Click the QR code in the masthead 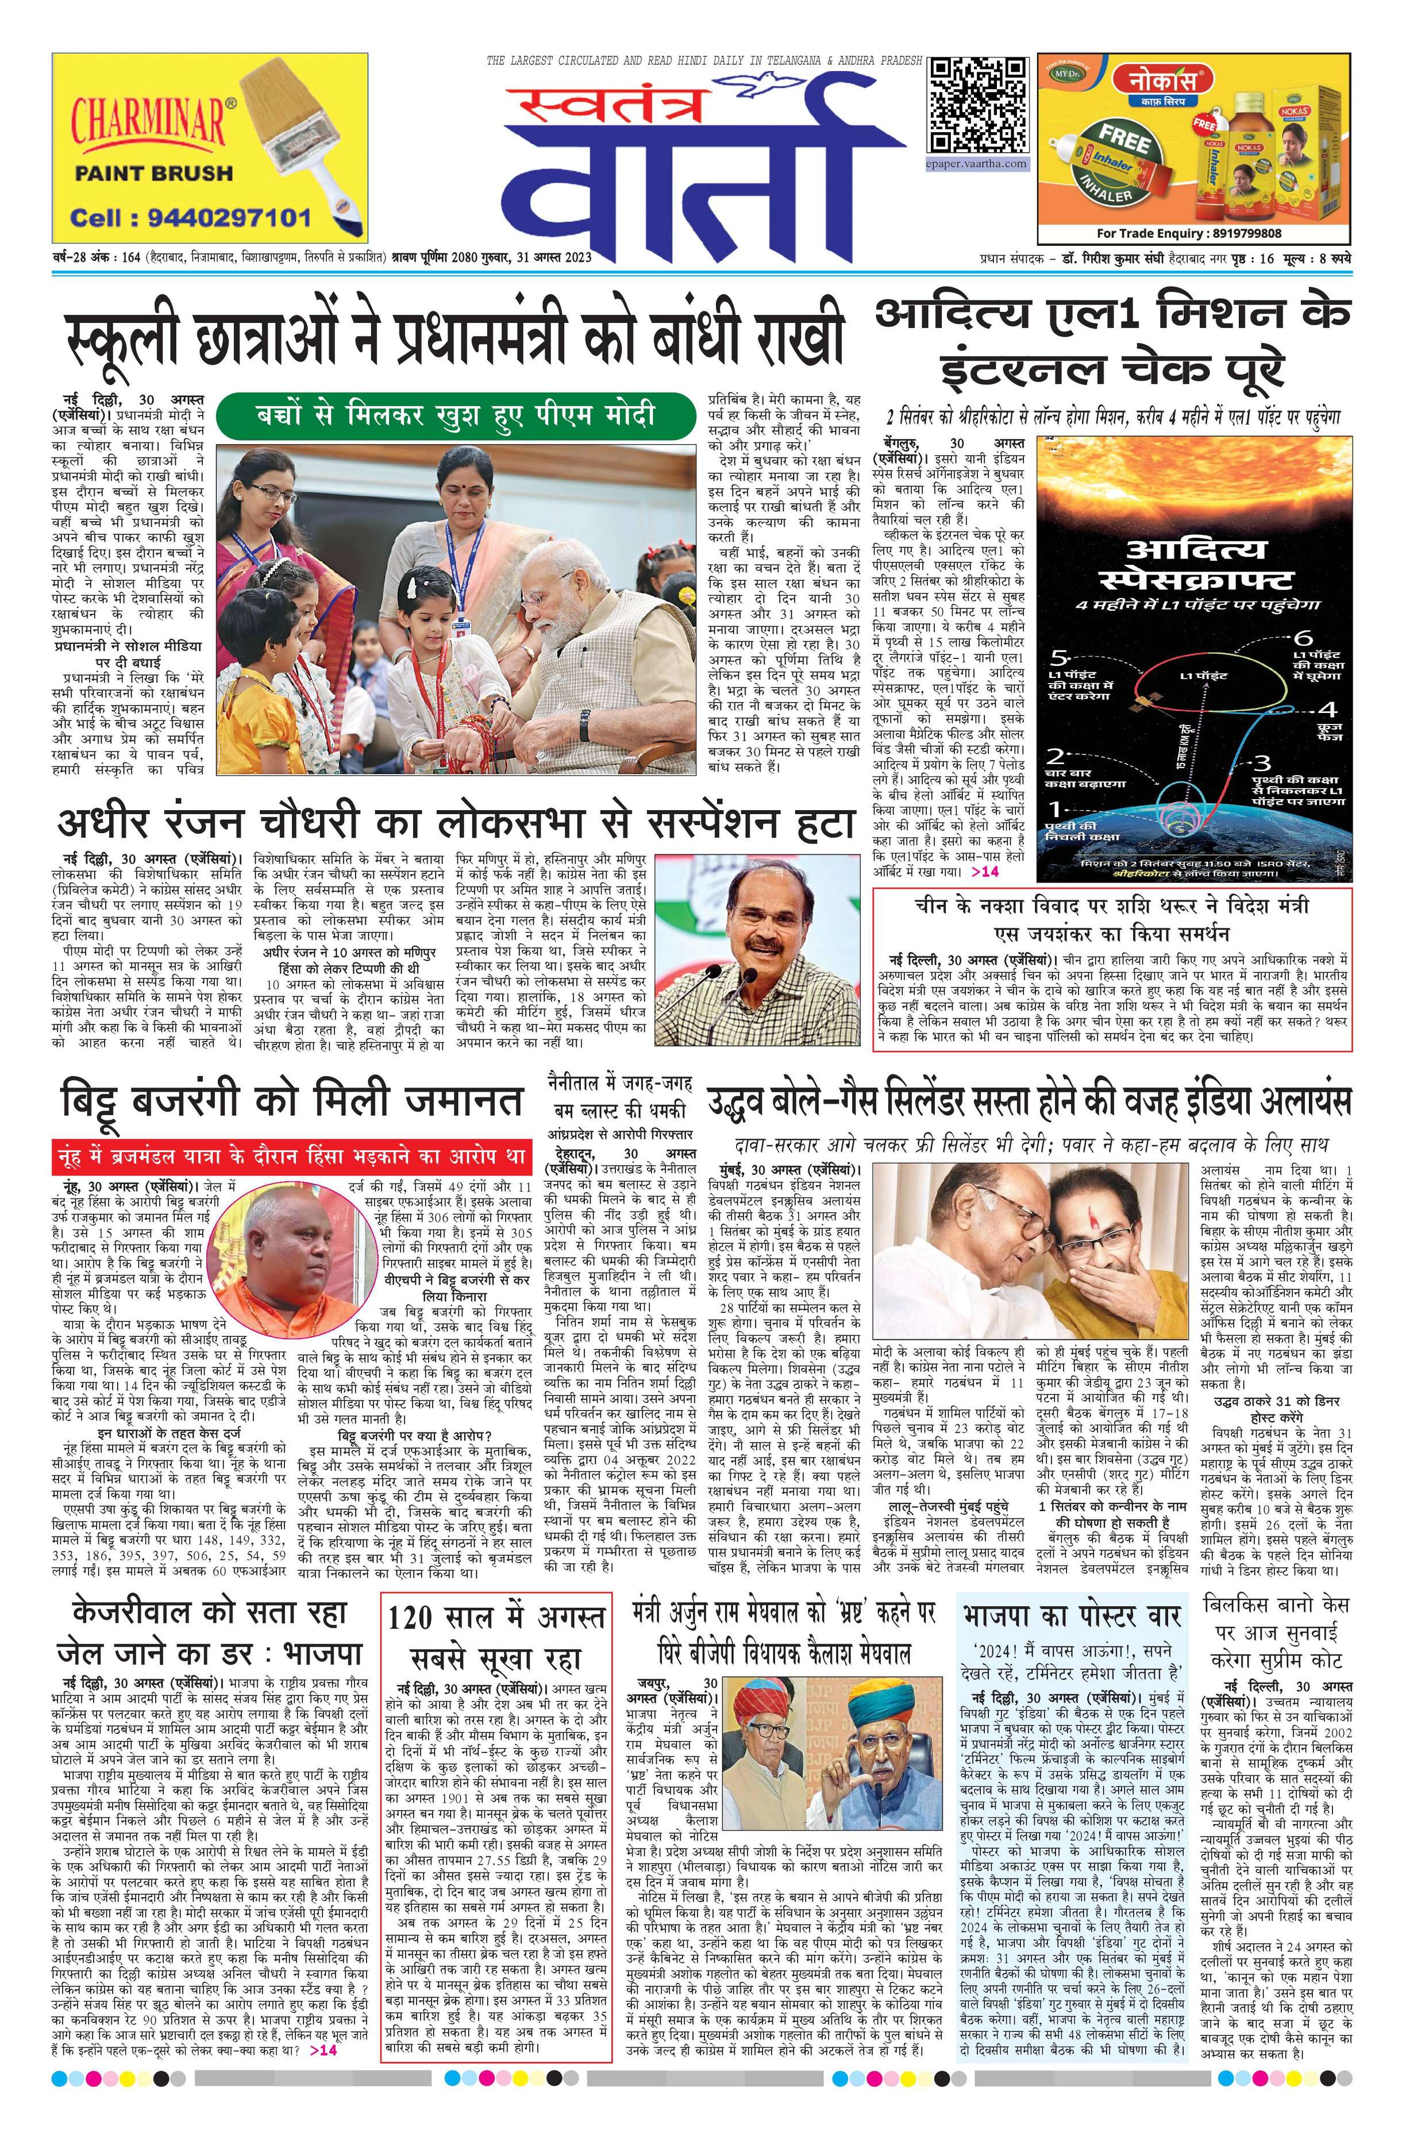pos(978,106)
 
